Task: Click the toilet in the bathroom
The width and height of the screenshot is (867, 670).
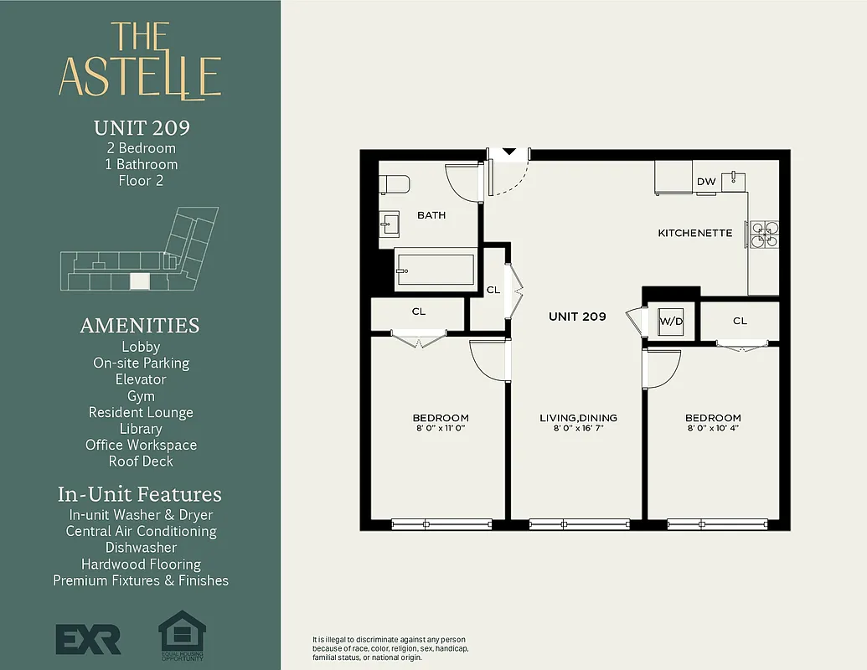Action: pos(394,184)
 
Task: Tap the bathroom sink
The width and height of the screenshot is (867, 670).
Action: pos(389,224)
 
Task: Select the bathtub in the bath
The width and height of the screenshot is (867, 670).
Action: pos(435,270)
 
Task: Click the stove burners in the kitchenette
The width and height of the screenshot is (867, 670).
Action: pos(763,234)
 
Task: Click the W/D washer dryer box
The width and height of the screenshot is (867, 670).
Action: pos(670,321)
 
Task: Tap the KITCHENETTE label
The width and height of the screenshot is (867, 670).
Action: pos(694,233)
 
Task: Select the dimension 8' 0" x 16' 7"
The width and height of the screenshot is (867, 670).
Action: pos(577,428)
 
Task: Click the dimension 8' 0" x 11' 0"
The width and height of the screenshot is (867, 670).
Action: pos(440,428)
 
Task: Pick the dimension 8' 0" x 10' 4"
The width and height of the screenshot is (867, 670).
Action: pos(713,428)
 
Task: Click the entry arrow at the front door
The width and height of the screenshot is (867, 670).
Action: pos(508,152)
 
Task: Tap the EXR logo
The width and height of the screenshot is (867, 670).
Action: pos(88,638)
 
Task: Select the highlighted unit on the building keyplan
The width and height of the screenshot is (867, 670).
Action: pos(139,281)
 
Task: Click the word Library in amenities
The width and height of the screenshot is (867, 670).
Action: pos(141,429)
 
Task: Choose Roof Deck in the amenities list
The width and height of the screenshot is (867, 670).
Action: pos(141,461)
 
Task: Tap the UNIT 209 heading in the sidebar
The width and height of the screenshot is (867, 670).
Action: pos(141,128)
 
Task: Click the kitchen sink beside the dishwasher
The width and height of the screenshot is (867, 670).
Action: pos(732,178)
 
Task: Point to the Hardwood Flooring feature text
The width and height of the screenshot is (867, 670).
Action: pos(141,564)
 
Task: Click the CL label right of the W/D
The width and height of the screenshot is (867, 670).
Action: pos(740,321)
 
